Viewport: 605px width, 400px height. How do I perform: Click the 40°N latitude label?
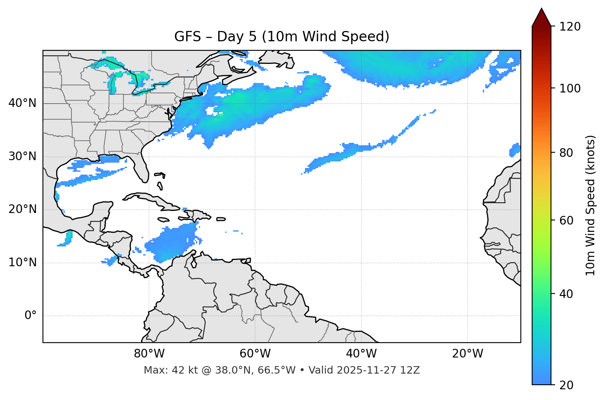[x=22, y=103]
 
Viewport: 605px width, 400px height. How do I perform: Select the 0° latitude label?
[x=30, y=316]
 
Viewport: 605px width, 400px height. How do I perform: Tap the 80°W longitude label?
[x=149, y=354]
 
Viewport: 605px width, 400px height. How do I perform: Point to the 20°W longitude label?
[x=468, y=354]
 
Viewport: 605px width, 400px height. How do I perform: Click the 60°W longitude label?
[x=255, y=354]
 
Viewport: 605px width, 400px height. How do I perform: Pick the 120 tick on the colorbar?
[x=570, y=26]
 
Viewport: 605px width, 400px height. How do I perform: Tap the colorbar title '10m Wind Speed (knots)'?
[x=591, y=205]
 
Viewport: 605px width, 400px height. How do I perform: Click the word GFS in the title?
[x=187, y=37]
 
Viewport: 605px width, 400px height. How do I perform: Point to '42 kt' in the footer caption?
[x=184, y=370]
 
